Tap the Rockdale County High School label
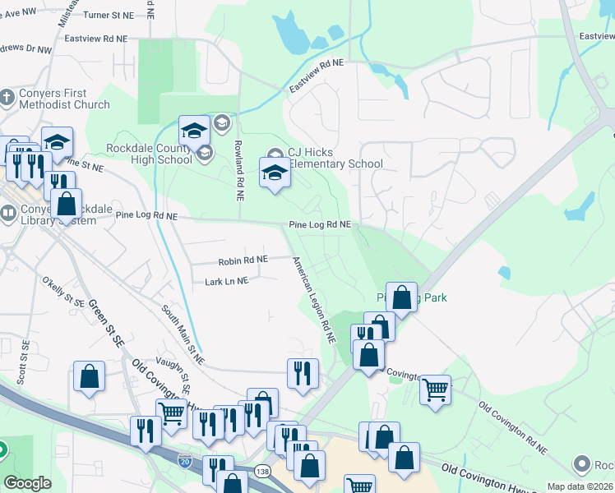[x=149, y=154]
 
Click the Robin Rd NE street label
[x=243, y=260]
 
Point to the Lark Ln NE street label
[x=226, y=281]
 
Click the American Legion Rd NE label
[x=315, y=299]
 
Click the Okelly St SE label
[x=64, y=292]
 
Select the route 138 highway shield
[x=262, y=471]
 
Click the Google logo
[x=28, y=483]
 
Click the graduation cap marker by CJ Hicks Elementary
[x=275, y=173]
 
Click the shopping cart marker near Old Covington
[x=435, y=389]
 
